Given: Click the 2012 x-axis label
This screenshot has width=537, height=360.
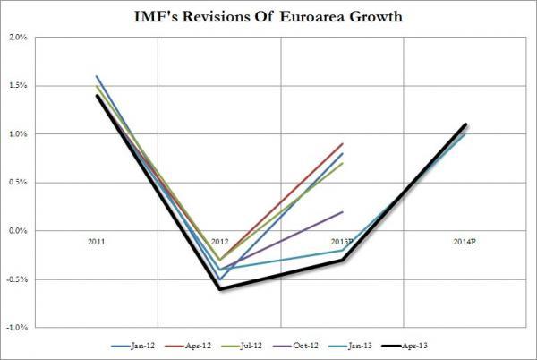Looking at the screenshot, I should point(219,242).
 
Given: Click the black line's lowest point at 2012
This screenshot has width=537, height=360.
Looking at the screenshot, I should point(219,289).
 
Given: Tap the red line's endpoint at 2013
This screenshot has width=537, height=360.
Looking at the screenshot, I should point(342,143).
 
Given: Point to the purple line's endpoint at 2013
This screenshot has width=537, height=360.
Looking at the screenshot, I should point(342,211).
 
